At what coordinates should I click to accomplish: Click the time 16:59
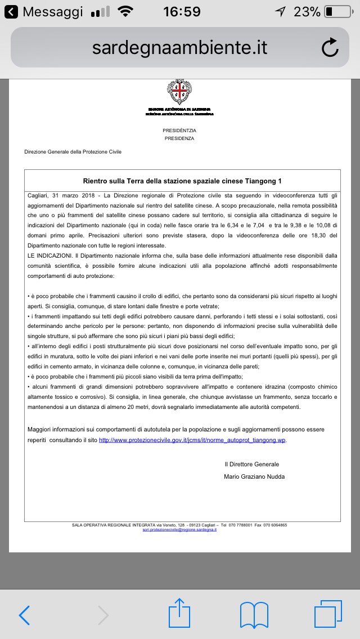point(182,12)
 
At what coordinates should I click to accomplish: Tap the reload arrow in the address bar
point(330,48)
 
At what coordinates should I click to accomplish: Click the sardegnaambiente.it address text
point(180,48)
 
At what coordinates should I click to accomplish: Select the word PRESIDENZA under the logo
point(179,138)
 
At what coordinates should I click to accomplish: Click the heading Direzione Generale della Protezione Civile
point(73,152)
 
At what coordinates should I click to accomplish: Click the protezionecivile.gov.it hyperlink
point(192,440)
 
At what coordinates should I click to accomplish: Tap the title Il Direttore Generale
point(251,464)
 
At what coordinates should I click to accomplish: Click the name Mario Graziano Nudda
point(254,476)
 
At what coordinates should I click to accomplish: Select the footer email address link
point(180,530)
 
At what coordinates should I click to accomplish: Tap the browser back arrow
point(25,616)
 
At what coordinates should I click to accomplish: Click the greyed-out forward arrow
point(103,616)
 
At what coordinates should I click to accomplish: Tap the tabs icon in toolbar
point(328,614)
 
